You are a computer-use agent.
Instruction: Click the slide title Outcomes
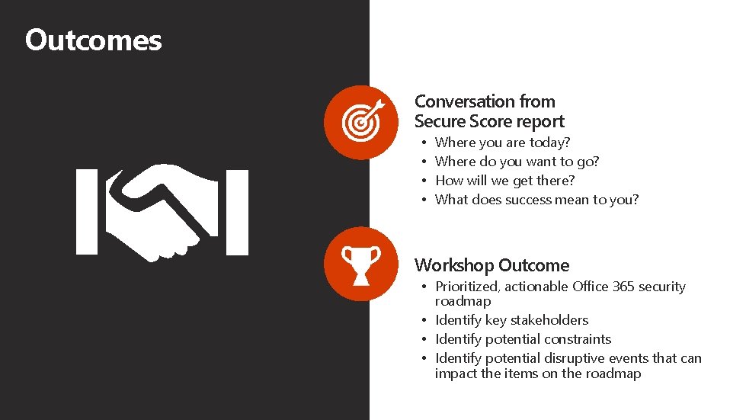click(93, 40)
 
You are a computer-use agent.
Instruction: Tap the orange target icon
click(360, 121)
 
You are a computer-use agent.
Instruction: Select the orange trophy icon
click(360, 264)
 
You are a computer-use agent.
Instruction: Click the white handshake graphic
click(162, 212)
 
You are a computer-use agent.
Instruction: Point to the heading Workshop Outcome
click(491, 265)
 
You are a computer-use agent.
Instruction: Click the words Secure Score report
click(489, 121)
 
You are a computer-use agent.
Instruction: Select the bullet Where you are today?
click(502, 143)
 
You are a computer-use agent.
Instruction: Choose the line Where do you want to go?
click(517, 162)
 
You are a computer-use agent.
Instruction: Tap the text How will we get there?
click(504, 181)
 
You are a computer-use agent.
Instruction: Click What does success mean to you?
click(536, 200)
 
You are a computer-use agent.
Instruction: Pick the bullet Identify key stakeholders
click(511, 320)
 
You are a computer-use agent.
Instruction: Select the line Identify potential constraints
click(523, 339)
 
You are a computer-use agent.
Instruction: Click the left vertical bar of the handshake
click(86, 212)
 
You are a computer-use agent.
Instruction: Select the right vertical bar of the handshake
click(237, 212)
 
